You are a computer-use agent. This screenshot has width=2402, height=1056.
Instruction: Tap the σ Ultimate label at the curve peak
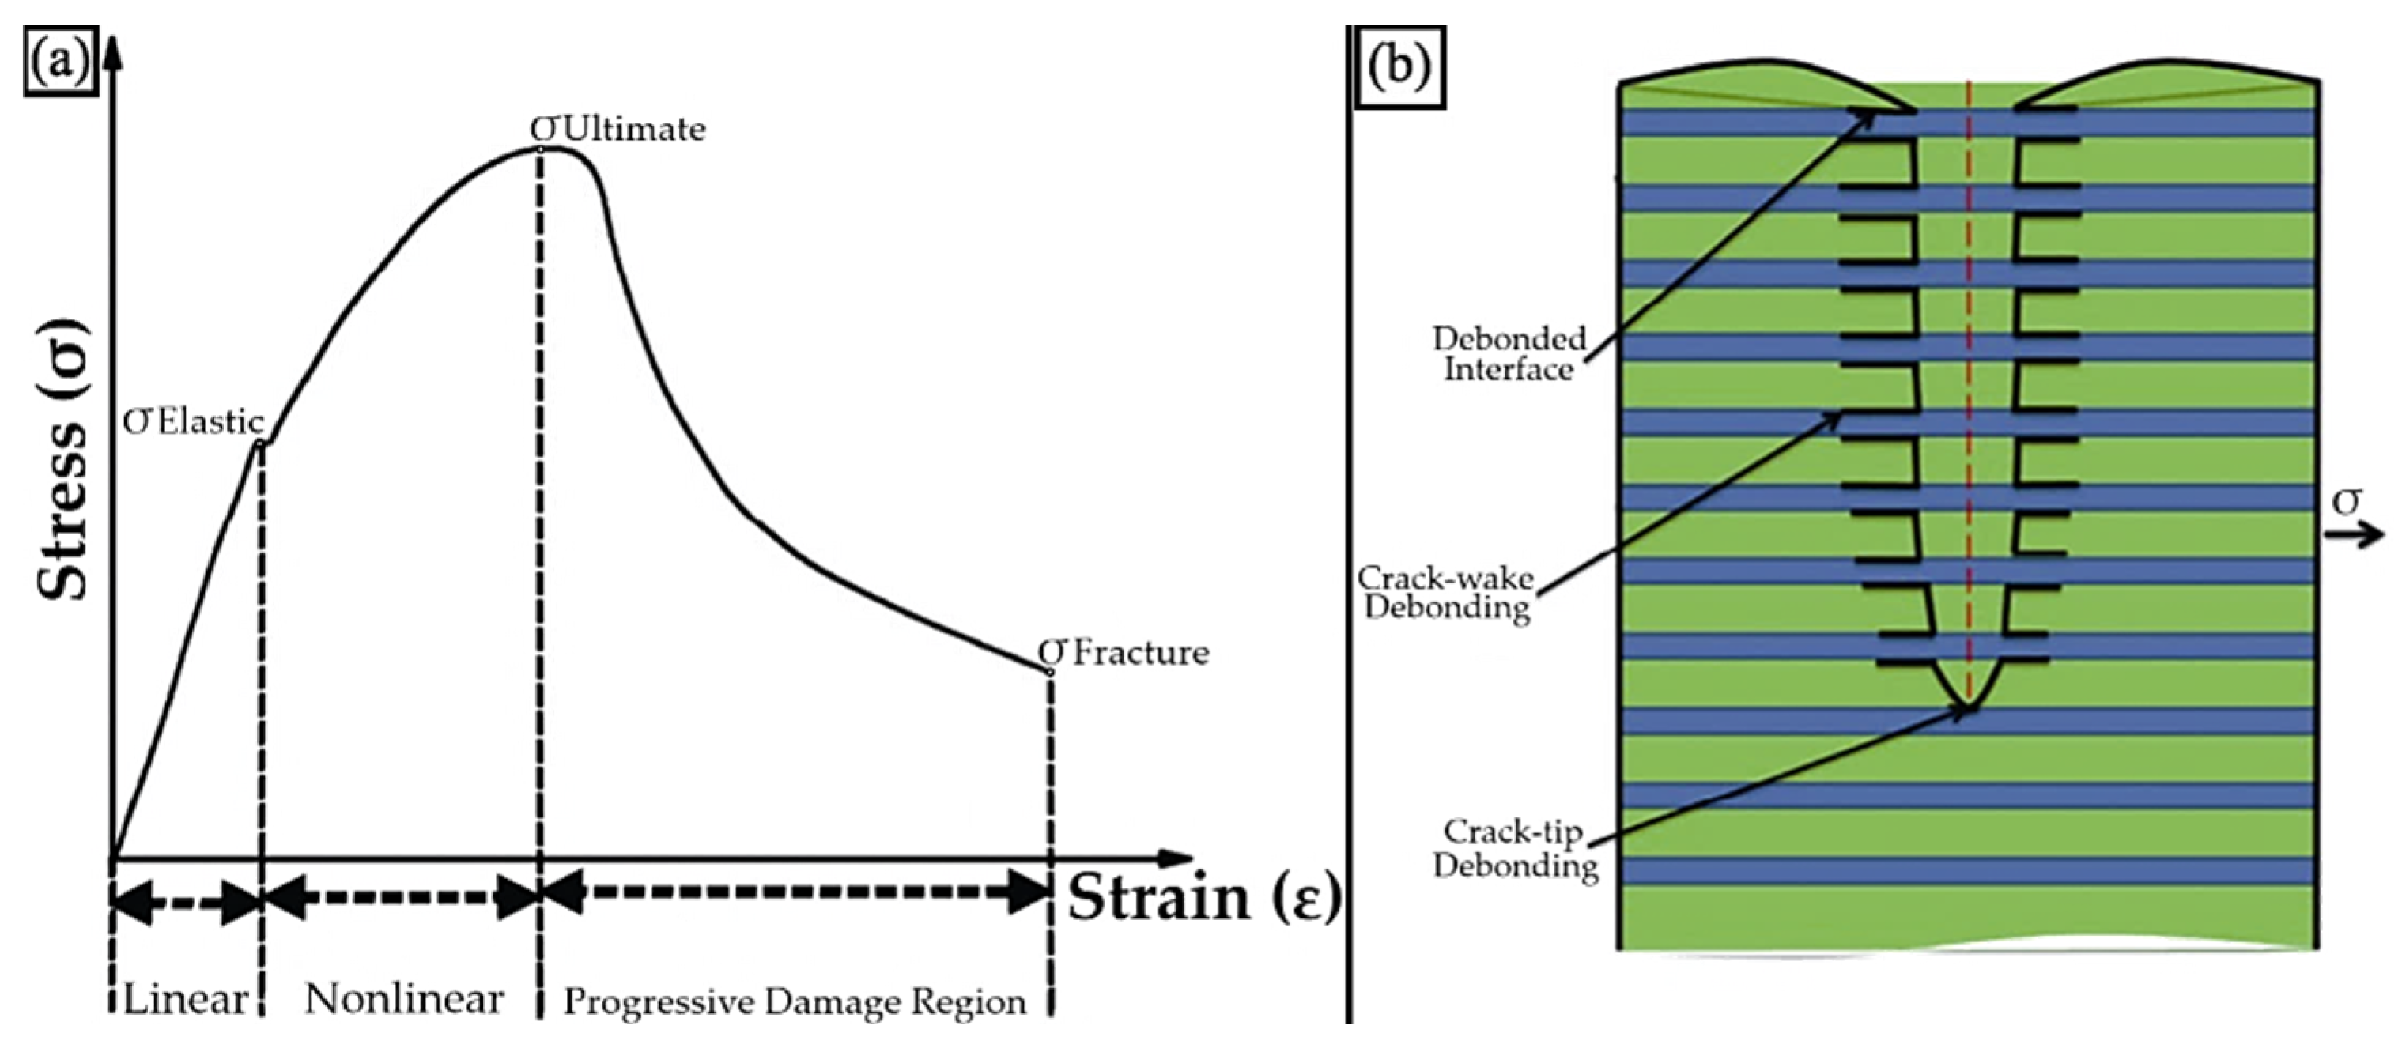[618, 129]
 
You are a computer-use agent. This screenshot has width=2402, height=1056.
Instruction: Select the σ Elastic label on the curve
[194, 422]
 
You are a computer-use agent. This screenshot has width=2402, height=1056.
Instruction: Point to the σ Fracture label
[1124, 652]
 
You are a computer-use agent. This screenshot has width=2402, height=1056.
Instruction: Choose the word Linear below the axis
[186, 1000]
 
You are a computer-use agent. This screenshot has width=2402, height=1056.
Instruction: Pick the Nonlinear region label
[404, 1000]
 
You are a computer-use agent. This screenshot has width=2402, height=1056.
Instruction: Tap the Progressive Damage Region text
[795, 1003]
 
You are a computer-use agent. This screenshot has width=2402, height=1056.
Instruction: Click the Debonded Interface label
[1509, 354]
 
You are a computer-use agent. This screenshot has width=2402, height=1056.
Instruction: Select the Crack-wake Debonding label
[1445, 593]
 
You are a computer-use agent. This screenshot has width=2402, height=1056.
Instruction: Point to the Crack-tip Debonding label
[1514, 848]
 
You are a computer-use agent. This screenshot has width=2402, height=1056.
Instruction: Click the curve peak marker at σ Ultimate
[541, 147]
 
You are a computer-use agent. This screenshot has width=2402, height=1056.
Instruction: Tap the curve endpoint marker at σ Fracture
[1050, 672]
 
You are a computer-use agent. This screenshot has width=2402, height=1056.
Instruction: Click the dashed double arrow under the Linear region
[186, 900]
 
